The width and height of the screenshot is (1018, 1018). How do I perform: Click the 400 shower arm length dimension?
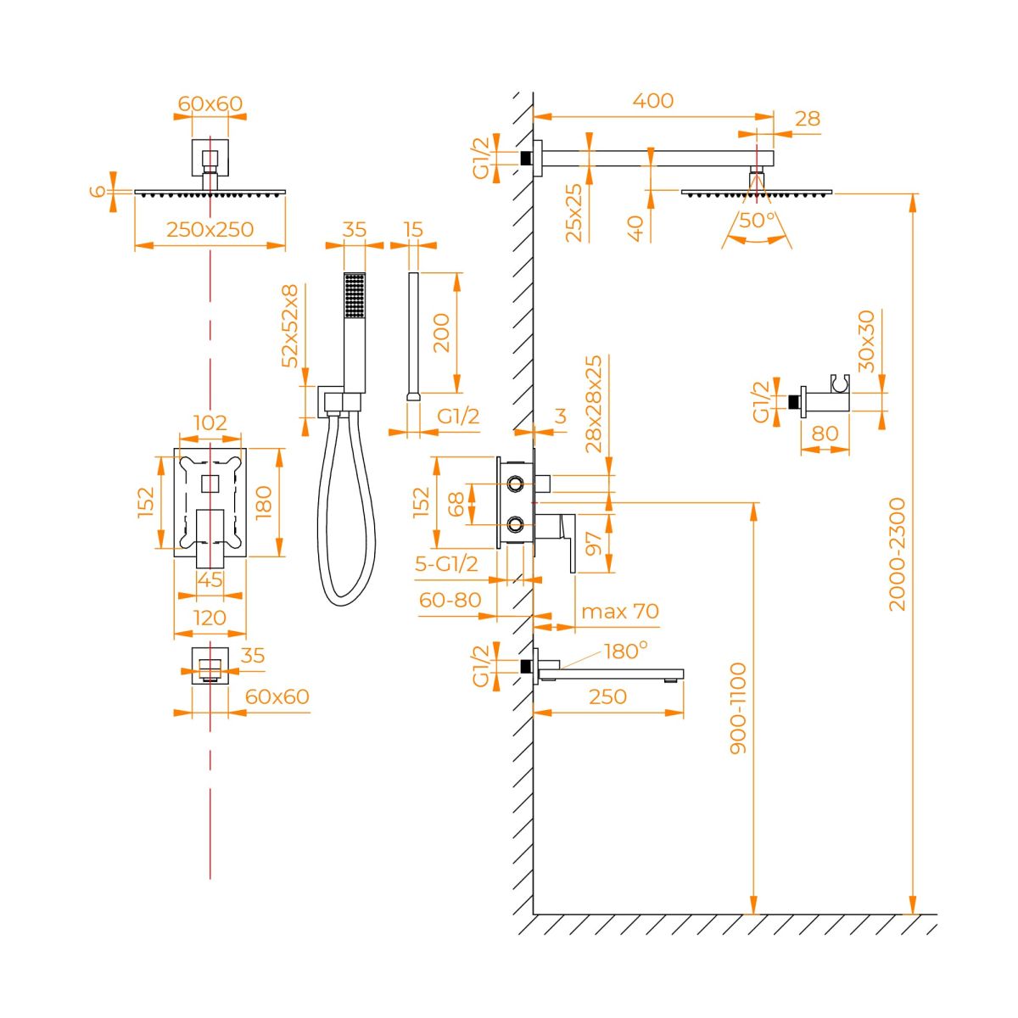tap(653, 100)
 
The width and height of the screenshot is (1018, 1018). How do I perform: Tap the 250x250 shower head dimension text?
tap(210, 229)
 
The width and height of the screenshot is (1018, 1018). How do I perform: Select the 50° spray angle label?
tap(758, 219)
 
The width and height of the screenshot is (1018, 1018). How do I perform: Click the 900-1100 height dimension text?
tap(738, 708)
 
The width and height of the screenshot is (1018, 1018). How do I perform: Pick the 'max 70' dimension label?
tap(619, 611)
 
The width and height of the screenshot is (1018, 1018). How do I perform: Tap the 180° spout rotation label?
tap(625, 652)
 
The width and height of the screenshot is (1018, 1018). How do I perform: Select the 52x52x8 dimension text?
tap(291, 326)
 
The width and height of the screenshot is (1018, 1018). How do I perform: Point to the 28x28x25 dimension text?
tap(594, 404)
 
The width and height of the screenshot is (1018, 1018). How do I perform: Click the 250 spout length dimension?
tap(607, 696)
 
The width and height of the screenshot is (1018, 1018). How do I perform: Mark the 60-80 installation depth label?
tap(450, 600)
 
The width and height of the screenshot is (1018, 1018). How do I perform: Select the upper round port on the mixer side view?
tap(514, 484)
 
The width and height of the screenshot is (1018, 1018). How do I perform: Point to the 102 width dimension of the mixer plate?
tap(210, 422)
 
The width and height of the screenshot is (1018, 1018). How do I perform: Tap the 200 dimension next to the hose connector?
tap(440, 333)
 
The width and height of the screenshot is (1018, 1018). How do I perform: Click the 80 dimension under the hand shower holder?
tap(825, 433)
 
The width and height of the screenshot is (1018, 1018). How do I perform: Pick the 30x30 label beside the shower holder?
tap(865, 341)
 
